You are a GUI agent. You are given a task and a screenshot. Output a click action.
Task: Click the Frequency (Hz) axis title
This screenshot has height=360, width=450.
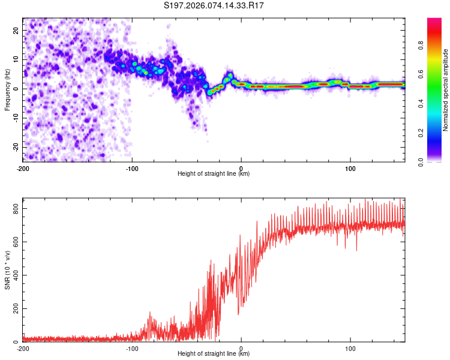[x=7, y=89]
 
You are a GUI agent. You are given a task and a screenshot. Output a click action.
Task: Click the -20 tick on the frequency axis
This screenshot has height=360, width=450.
[x=15, y=147]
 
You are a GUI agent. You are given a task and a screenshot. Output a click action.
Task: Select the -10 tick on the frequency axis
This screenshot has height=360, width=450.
[x=15, y=118]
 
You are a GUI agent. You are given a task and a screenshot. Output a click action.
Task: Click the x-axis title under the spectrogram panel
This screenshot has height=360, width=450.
[x=214, y=173]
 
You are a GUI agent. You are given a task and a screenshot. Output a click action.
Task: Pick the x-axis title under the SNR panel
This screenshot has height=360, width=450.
[x=214, y=353]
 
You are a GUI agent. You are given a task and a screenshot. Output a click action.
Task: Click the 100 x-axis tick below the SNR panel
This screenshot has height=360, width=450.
[x=350, y=348]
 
